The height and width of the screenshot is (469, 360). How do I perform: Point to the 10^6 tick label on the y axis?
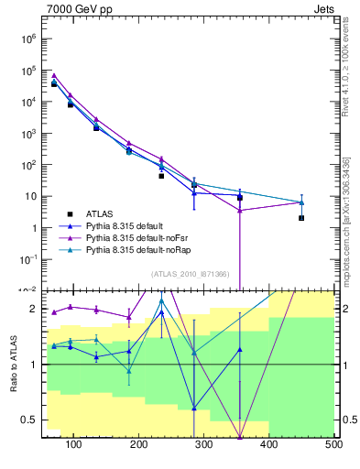point(28,39)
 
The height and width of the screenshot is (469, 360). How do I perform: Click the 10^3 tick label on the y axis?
point(28,134)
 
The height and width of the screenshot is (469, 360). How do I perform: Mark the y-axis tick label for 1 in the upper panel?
point(33,228)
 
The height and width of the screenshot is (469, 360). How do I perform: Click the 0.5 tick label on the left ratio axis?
point(28,420)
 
